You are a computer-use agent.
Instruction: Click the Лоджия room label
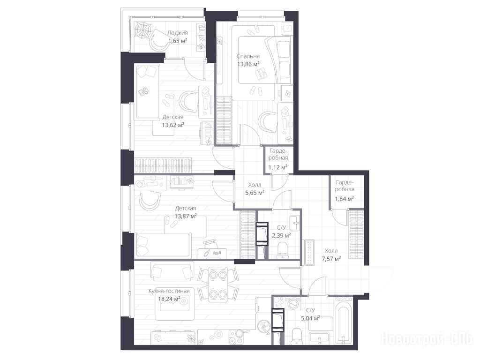click(x=177, y=33)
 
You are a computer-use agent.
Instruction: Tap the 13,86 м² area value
click(x=248, y=64)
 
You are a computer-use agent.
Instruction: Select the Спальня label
click(x=248, y=56)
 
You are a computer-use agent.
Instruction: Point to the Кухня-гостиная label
click(x=169, y=291)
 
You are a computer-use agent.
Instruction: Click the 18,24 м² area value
click(x=169, y=299)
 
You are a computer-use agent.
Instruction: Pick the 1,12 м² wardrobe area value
click(x=277, y=167)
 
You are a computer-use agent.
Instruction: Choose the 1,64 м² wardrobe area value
click(x=345, y=199)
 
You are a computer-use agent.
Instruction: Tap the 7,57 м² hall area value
click(x=331, y=259)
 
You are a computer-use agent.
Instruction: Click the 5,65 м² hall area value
click(x=255, y=193)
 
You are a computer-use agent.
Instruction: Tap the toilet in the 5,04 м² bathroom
click(x=297, y=336)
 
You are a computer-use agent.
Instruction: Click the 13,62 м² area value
click(x=172, y=125)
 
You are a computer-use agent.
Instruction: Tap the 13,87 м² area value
click(x=186, y=216)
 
